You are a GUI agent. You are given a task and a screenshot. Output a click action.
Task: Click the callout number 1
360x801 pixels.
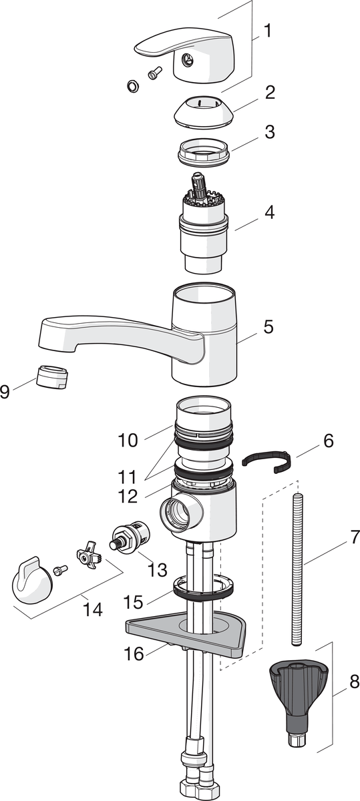pyautogui.click(x=268, y=31)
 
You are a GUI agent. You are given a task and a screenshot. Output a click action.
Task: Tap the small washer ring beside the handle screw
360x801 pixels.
pyautogui.click(x=133, y=85)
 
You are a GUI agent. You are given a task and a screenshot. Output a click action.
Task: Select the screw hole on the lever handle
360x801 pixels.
pyautogui.click(x=186, y=59)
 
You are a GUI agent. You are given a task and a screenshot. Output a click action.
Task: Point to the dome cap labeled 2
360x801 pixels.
pyautogui.click(x=204, y=111)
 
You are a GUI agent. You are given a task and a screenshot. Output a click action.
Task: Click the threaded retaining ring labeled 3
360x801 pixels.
pyautogui.click(x=204, y=153)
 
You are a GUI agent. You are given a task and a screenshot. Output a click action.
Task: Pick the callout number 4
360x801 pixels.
pyautogui.click(x=269, y=212)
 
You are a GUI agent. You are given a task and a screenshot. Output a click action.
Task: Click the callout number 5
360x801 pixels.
pyautogui.click(x=268, y=327)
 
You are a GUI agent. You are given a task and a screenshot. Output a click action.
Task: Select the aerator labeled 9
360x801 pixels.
pyautogui.click(x=52, y=378)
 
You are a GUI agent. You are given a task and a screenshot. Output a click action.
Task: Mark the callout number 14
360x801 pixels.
pyautogui.click(x=93, y=609)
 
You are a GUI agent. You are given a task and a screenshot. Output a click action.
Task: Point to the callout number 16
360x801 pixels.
pyautogui.click(x=134, y=654)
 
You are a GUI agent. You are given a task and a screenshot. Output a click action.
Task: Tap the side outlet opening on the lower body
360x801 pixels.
pyautogui.click(x=174, y=514)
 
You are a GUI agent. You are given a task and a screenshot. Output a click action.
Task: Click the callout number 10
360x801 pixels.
pyautogui.click(x=128, y=440)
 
